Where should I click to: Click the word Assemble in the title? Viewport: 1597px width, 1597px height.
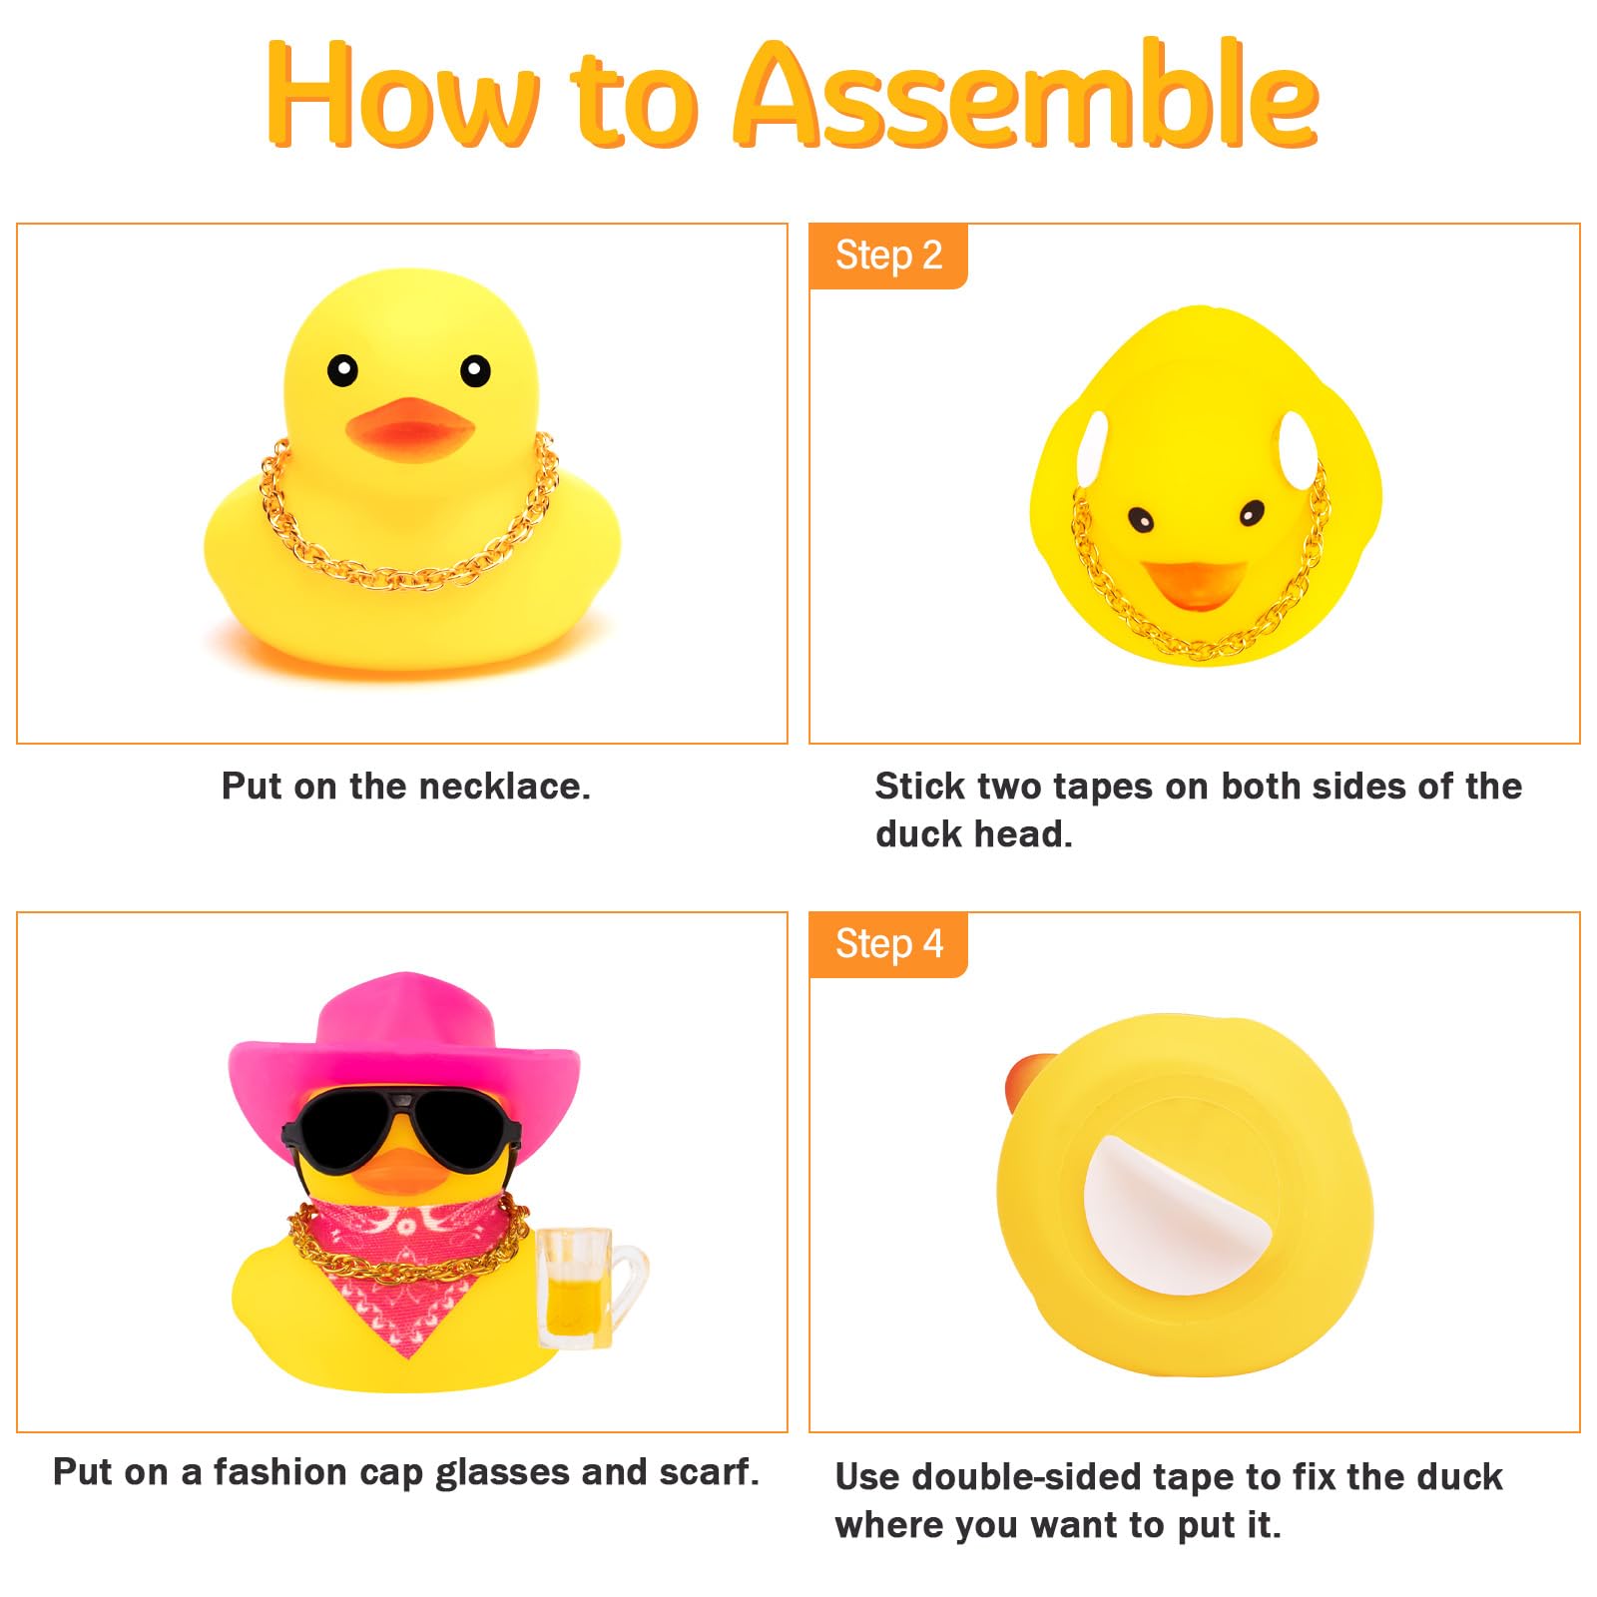1026,95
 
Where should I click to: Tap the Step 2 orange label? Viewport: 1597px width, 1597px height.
888,256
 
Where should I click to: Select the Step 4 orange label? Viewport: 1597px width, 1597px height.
888,944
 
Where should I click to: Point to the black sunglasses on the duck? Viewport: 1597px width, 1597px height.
401,1133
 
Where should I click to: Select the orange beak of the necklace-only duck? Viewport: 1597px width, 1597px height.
410,425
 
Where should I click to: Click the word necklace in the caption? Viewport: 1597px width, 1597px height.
504,787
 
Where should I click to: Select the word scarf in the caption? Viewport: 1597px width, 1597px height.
709,1473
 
